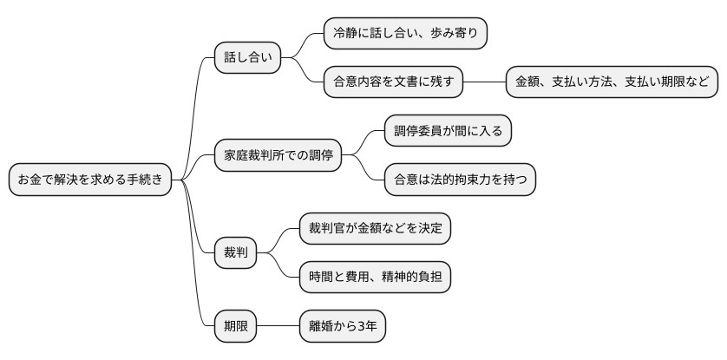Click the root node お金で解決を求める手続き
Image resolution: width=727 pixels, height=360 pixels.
click(90, 180)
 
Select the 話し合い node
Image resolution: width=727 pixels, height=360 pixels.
click(248, 58)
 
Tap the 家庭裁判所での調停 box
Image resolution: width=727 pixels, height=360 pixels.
click(278, 156)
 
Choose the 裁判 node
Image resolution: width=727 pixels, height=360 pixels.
click(236, 253)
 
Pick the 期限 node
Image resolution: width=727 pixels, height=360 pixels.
click(236, 327)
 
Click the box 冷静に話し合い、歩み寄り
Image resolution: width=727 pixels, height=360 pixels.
click(405, 34)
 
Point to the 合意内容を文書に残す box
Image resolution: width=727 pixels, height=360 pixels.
click(393, 82)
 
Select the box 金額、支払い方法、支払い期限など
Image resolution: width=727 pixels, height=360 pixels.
click(612, 82)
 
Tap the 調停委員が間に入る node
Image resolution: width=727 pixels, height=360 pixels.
click(448, 132)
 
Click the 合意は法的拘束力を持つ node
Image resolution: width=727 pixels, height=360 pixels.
click(460, 180)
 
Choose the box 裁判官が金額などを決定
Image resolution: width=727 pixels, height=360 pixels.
click(375, 229)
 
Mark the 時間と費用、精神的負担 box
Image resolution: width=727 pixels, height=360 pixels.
click(375, 278)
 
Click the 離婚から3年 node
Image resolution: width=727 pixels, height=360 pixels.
click(342, 327)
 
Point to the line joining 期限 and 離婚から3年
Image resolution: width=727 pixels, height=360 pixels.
click(278, 327)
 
